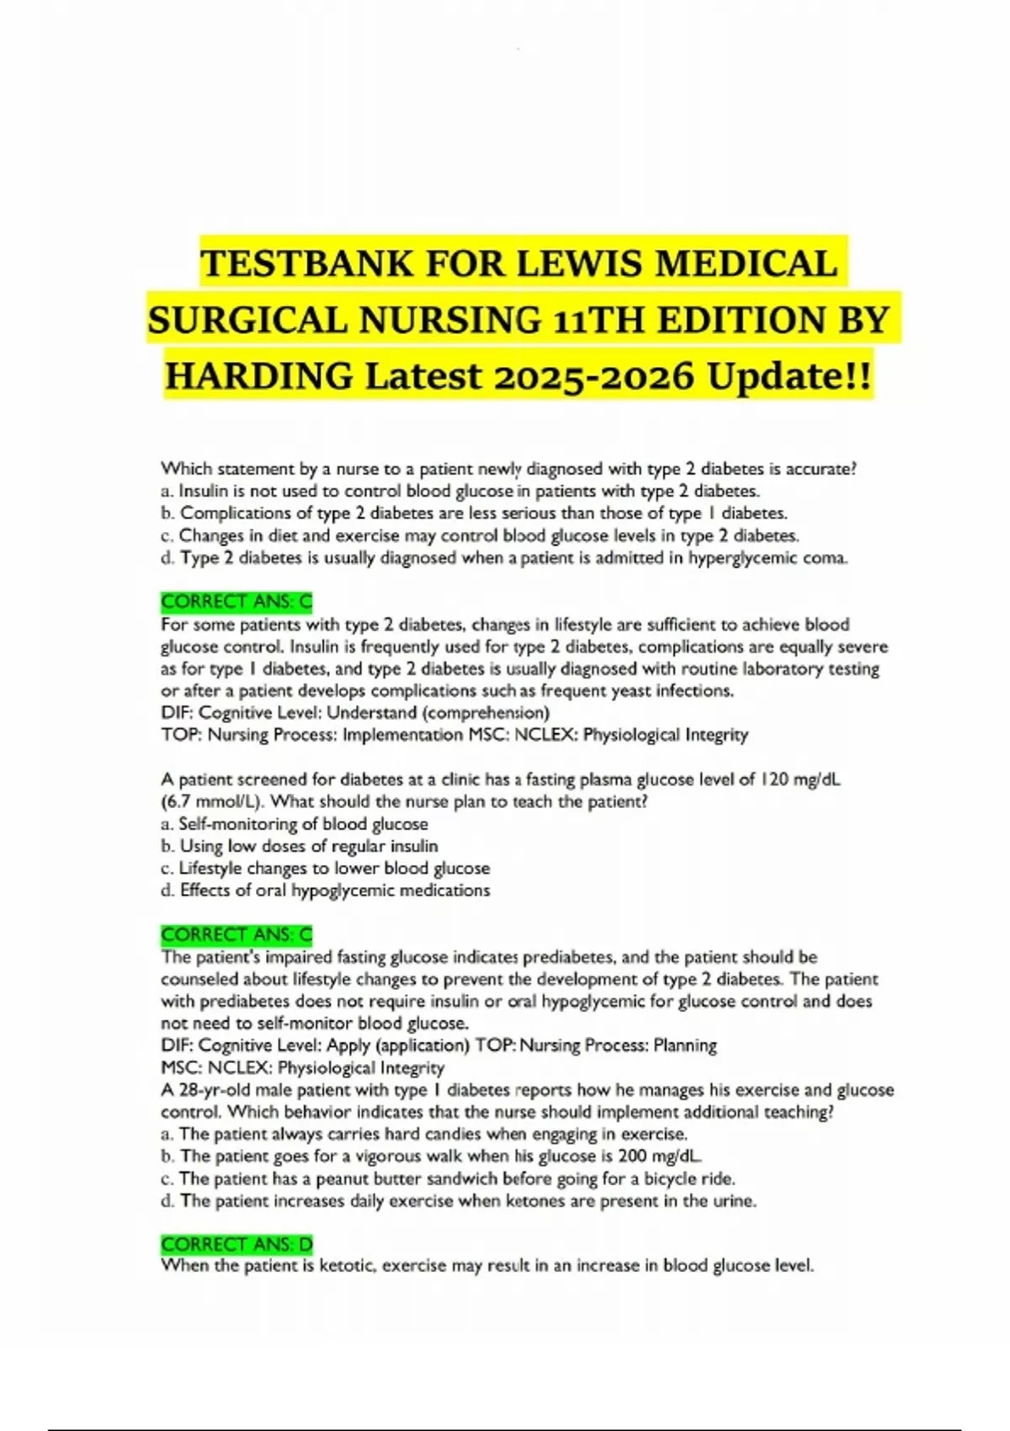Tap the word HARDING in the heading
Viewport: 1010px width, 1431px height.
[x=258, y=375]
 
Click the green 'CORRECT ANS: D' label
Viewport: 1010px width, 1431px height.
[x=237, y=1244]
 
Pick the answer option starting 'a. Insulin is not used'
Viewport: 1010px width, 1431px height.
[x=460, y=491]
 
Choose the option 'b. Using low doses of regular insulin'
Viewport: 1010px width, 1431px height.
[x=300, y=846]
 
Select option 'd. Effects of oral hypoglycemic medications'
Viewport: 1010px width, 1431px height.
[x=325, y=891]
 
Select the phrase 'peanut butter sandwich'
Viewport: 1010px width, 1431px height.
[x=406, y=1178]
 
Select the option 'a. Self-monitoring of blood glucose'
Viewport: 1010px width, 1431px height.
[x=295, y=824]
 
